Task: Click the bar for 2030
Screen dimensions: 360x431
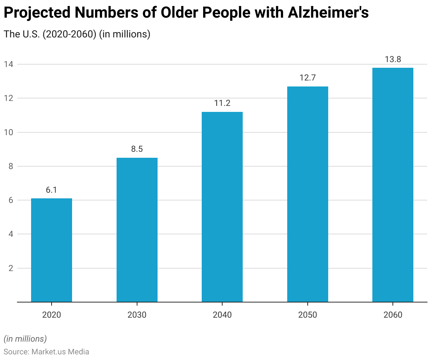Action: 137,230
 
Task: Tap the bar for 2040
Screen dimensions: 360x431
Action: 222,207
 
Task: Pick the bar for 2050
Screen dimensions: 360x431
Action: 308,194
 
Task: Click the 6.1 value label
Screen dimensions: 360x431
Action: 52,190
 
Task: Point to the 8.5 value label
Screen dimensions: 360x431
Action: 137,149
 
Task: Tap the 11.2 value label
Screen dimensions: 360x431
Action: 222,103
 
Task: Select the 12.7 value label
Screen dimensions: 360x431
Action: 308,78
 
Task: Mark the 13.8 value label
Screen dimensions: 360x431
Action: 393,59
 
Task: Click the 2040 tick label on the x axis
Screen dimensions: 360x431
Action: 222,315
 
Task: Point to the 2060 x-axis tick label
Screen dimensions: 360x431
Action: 393,315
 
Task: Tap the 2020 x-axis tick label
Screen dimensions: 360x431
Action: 52,315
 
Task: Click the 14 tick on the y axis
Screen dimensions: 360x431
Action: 8,64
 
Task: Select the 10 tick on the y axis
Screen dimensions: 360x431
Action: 8,132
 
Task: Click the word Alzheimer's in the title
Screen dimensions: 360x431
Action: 329,13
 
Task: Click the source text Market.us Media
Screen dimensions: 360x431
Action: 60,352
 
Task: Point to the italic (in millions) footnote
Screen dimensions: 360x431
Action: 25,339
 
